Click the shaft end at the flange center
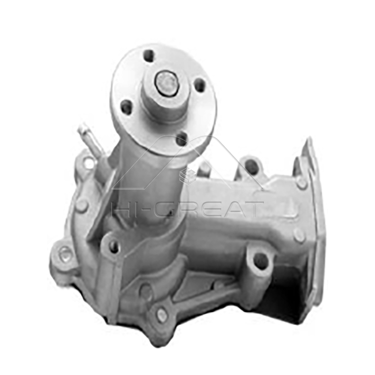coord(167,82)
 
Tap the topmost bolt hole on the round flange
coord(149,56)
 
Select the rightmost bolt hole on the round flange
coord(200,85)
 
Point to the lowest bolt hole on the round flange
coord(181,138)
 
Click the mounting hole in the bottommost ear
coord(162,315)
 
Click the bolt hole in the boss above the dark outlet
coord(261,261)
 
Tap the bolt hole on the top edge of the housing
coord(252,166)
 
